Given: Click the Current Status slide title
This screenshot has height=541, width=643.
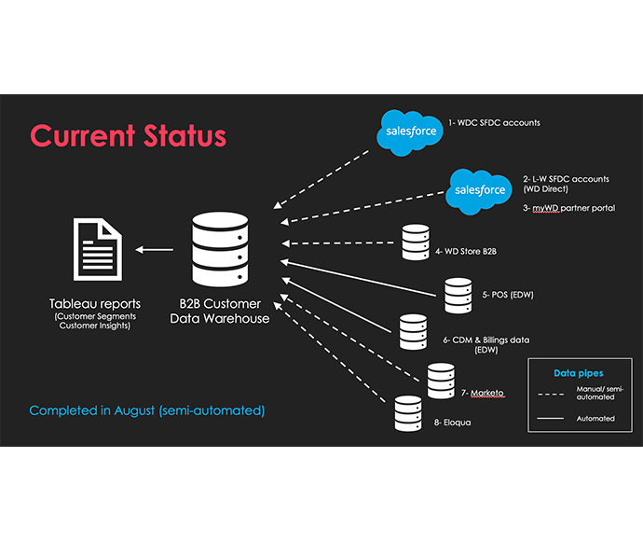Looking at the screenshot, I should (128, 135).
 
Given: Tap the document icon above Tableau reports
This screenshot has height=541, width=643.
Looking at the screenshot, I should (96, 248).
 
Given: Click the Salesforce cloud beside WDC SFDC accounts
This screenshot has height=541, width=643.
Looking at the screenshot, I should (410, 132).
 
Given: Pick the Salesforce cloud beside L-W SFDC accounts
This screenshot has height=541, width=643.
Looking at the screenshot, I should (480, 190).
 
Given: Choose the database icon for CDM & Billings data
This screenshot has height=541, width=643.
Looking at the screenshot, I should (412, 331).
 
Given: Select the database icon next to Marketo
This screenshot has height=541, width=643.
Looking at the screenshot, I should (441, 381).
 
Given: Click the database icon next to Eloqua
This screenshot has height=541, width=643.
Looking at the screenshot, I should (407, 413).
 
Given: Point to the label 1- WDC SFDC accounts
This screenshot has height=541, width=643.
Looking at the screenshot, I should (494, 122).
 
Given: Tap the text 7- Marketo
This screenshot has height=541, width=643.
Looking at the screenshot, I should (483, 393).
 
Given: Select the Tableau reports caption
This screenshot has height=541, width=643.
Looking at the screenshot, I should (97, 305).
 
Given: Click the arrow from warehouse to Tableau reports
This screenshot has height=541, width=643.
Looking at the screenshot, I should (155, 249).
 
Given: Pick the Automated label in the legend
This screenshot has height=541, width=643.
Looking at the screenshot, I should (595, 418).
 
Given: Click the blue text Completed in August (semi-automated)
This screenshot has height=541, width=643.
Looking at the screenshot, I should (147, 410).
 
